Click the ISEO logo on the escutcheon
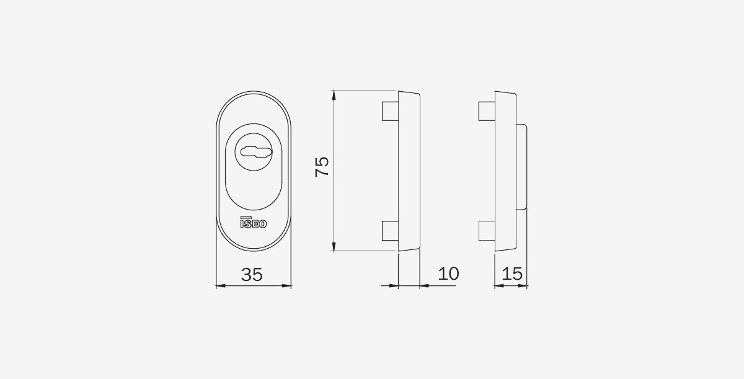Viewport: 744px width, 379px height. [x=254, y=223]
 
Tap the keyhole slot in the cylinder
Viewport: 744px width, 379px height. [x=256, y=152]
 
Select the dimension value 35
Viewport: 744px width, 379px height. [x=252, y=275]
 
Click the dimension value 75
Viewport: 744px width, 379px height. [x=322, y=166]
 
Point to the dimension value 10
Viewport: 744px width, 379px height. [x=448, y=274]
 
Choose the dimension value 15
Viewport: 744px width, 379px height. [x=512, y=274]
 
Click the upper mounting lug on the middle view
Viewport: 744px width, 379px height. [x=390, y=111]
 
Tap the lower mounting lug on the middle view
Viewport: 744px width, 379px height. [x=390, y=231]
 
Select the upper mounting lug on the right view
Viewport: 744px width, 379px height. [x=487, y=111]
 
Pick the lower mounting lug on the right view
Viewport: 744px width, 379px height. [x=487, y=231]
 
